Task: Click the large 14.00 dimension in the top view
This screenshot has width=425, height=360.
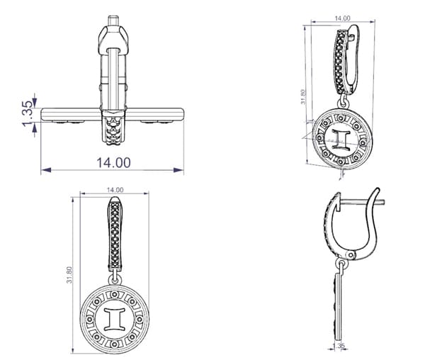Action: tap(113, 162)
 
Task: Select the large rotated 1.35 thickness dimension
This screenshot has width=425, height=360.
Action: tap(28, 113)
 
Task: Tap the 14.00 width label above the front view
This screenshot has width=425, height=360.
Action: tap(115, 190)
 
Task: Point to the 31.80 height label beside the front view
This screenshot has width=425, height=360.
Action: tap(69, 275)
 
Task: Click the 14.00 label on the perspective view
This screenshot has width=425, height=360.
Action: tap(342, 18)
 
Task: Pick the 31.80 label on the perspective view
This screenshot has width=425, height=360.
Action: tap(303, 97)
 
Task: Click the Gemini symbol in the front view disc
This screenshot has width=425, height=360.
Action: tap(115, 319)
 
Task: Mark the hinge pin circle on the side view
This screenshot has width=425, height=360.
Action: tap(351, 255)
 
